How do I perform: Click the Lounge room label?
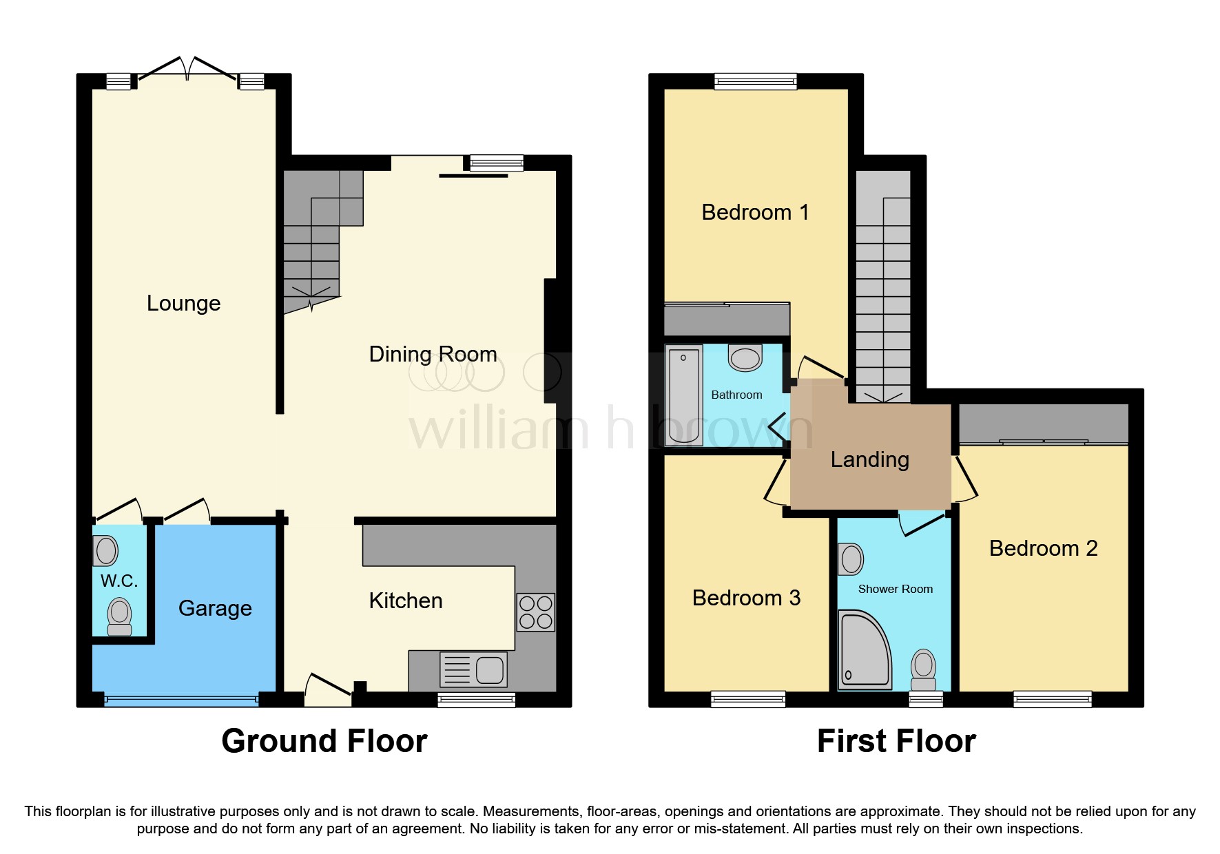point(183,303)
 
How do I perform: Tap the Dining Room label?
point(433,354)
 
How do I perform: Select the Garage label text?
point(215,608)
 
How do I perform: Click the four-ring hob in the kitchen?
point(535,612)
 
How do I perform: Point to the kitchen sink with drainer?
point(473,669)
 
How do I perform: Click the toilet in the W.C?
point(120,616)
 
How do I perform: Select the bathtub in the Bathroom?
point(684,395)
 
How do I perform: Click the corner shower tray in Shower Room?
point(862,649)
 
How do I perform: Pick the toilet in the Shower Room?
point(923,669)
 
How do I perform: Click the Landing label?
point(869,459)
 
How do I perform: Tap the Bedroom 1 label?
point(755,212)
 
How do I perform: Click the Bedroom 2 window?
point(1052,700)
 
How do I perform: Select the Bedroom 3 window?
point(748,700)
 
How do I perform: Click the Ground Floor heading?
point(324,741)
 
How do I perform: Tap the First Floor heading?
point(896,741)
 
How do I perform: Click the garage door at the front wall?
point(181,700)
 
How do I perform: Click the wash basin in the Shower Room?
point(851,559)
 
